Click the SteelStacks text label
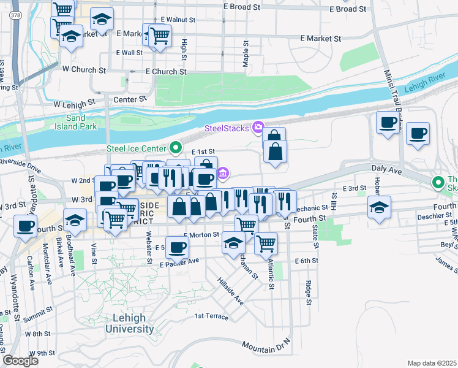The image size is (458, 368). click(x=226, y=128)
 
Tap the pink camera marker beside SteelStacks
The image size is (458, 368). click(x=258, y=128)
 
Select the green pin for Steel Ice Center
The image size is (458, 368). click(x=176, y=148)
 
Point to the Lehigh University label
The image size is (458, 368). click(x=129, y=323)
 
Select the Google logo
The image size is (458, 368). click(x=20, y=360)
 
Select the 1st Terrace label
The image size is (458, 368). click(x=211, y=316)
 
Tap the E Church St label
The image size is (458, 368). click(x=166, y=72)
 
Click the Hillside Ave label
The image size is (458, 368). click(x=230, y=291)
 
